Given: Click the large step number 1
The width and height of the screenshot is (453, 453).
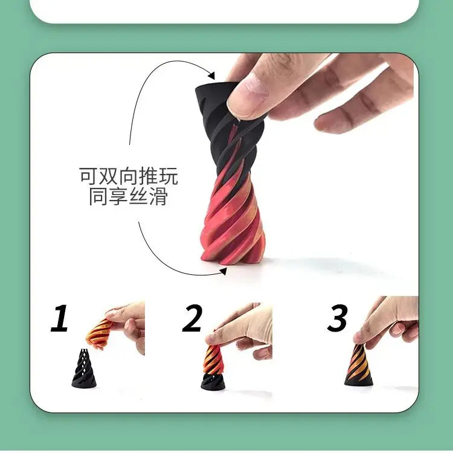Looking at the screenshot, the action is point(59,318).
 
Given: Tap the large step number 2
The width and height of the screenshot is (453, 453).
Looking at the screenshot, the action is point(193,318).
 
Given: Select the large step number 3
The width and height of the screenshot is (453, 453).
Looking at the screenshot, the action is point(337,318).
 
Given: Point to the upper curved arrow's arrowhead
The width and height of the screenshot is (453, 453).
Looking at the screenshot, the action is point(211,75).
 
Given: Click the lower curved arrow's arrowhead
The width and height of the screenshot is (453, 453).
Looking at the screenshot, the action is point(223,271).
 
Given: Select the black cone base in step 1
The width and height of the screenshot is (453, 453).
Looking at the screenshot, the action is point(83,371).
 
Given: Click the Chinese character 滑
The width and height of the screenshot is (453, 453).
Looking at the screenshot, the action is point(158,196).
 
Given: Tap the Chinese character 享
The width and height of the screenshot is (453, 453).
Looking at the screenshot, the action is point(118,196).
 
